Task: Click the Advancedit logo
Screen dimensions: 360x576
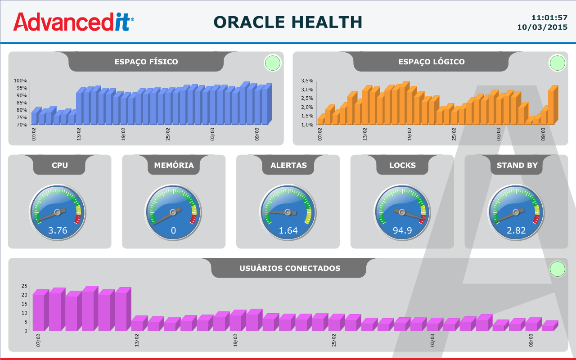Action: click(x=73, y=22)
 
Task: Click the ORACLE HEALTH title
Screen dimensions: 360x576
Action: click(x=288, y=22)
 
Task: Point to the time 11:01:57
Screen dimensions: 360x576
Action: click(x=549, y=18)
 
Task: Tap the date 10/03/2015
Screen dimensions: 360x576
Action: click(x=542, y=27)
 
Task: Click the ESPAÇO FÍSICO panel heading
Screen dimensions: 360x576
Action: click(x=146, y=62)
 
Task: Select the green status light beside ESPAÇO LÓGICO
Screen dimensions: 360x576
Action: click(x=557, y=63)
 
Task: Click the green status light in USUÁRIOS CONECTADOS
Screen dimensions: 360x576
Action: click(x=558, y=269)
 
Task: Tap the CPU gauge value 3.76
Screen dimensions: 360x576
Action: click(x=58, y=230)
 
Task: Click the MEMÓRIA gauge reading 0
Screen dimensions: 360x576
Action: click(x=173, y=231)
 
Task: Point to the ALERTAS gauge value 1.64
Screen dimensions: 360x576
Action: click(x=288, y=230)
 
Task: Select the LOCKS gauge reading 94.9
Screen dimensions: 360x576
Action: click(x=402, y=230)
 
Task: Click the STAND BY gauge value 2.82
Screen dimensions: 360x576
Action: click(x=516, y=230)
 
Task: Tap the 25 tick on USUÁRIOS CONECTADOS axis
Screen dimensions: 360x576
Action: click(x=25, y=286)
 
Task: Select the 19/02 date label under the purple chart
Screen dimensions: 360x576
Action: click(x=235, y=340)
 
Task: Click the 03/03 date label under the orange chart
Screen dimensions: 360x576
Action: click(x=499, y=134)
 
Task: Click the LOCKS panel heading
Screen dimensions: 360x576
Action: click(x=402, y=165)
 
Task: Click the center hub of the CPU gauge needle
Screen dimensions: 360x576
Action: click(x=57, y=211)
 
